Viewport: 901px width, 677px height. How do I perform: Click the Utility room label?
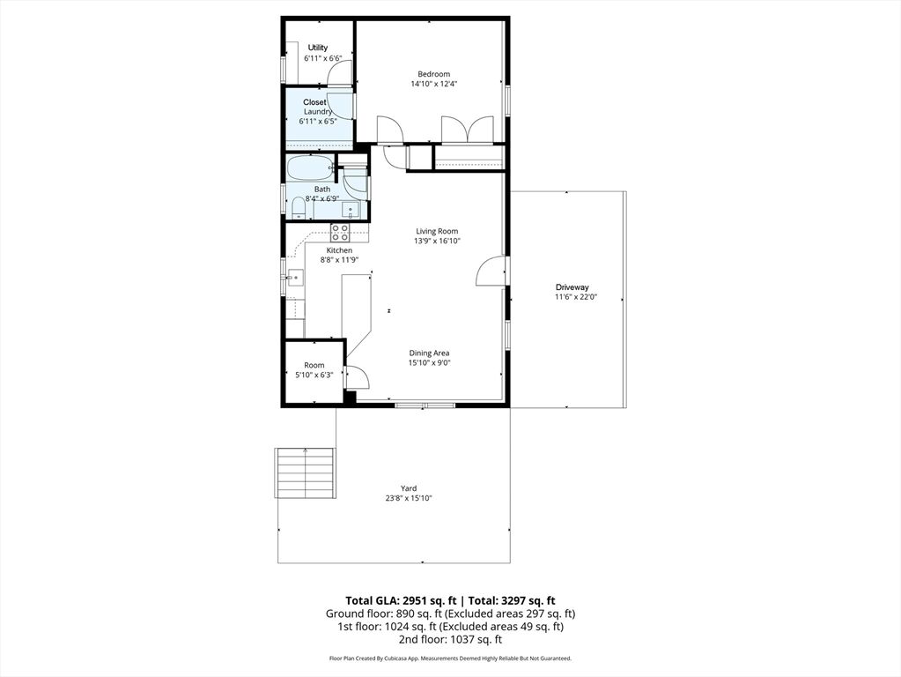(x=318, y=48)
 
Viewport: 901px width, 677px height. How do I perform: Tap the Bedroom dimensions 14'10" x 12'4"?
(x=434, y=84)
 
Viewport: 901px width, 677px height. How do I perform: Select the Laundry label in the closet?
(x=318, y=112)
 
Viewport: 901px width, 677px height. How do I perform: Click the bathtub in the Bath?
(x=310, y=168)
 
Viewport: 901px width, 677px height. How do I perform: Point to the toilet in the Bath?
(x=299, y=208)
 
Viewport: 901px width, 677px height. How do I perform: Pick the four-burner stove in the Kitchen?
(x=340, y=233)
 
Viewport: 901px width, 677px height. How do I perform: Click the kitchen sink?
(x=295, y=279)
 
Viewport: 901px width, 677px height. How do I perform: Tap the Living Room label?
(x=437, y=231)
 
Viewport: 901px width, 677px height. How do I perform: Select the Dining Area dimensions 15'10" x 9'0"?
(x=429, y=363)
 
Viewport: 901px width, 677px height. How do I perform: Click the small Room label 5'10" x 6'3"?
(x=314, y=365)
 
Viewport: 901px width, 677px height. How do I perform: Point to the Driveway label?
(x=572, y=287)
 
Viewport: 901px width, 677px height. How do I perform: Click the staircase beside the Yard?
(x=305, y=473)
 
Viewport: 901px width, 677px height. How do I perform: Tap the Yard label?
(x=410, y=488)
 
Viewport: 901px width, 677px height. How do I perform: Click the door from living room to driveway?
(x=491, y=271)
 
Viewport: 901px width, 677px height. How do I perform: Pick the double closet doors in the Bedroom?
(x=467, y=129)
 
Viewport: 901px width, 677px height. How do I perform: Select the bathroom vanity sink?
(x=351, y=209)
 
